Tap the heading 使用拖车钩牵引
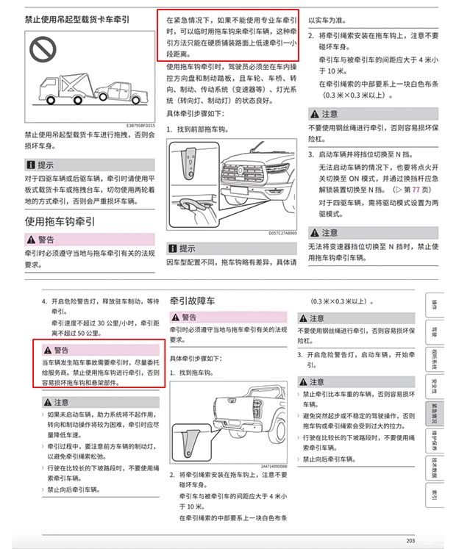click(60, 220)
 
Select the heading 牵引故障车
click(192, 301)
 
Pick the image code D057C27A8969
click(282, 232)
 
